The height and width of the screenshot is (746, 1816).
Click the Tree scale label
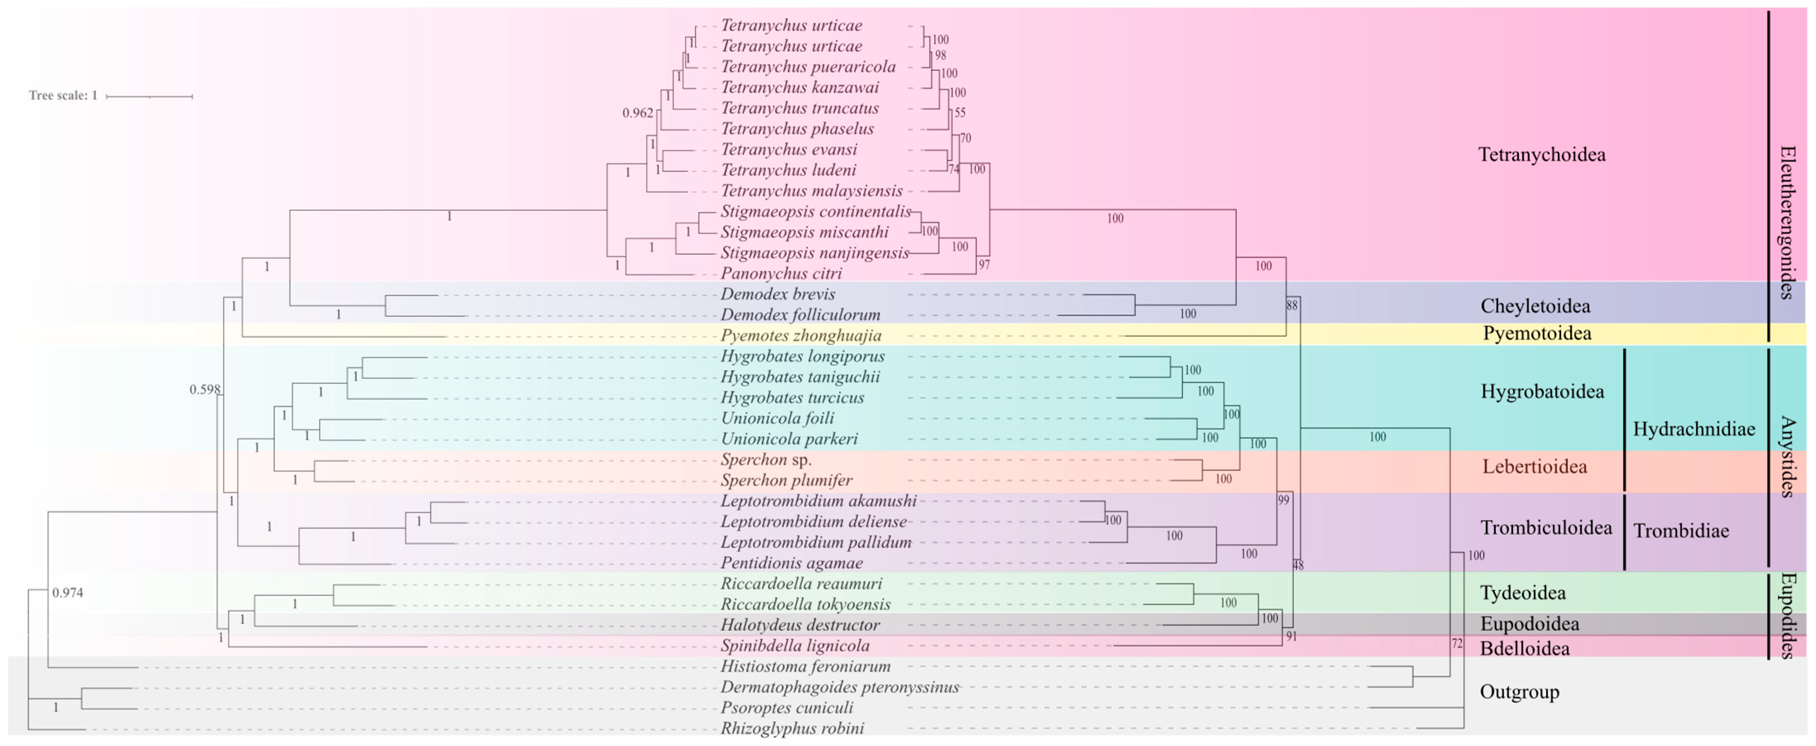coord(63,95)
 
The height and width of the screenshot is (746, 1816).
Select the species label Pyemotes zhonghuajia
coord(801,336)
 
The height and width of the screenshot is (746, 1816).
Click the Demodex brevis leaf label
coord(778,294)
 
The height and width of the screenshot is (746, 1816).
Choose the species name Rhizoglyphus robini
coord(792,728)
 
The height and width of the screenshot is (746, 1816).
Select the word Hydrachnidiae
coord(1693,429)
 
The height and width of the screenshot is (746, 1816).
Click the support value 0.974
coord(68,593)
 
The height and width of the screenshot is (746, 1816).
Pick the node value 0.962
coord(637,113)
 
